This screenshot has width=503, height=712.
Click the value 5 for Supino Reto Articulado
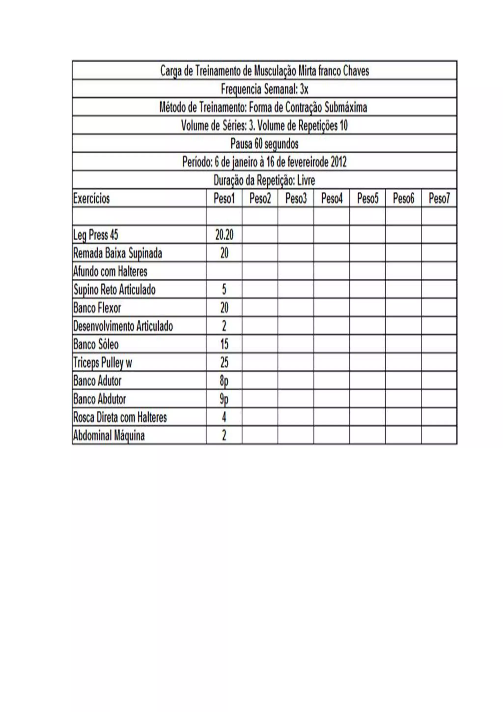[224, 290]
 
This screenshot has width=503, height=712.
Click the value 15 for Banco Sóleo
[224, 344]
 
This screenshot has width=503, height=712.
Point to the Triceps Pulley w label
[102, 362]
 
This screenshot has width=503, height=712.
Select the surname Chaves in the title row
[356, 71]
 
